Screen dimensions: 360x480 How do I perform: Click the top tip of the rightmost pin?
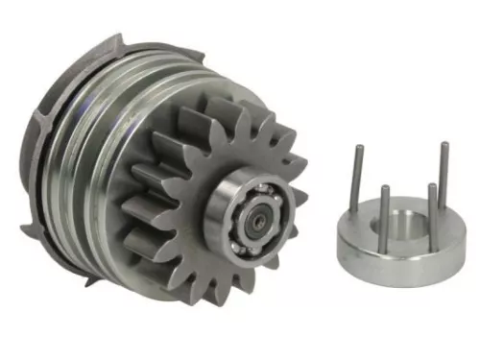pyautogui.click(x=444, y=144)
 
